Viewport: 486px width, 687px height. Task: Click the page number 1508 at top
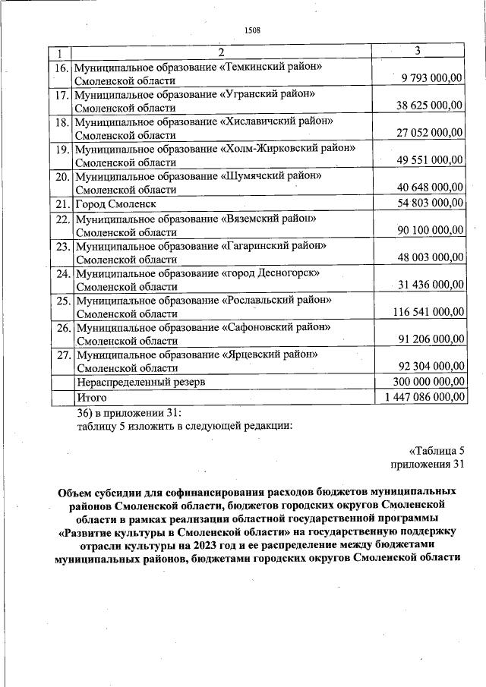point(251,30)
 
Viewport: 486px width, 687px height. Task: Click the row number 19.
point(62,149)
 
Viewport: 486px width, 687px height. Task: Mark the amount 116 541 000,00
point(427,312)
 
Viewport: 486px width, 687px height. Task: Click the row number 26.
point(62,328)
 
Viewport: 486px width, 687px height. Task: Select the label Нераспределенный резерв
point(140,381)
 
